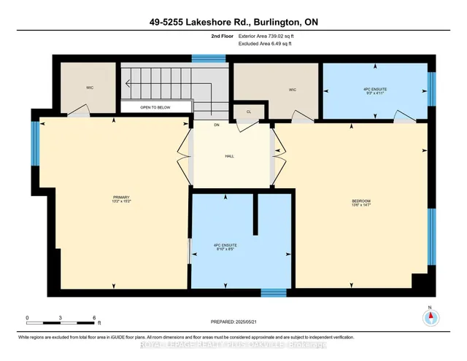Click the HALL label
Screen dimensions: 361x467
click(x=228, y=155)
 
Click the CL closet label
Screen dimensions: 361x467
click(x=248, y=112)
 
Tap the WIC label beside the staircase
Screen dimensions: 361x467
click(x=89, y=88)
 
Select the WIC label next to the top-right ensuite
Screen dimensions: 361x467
click(x=292, y=90)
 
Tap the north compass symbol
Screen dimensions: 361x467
click(x=431, y=318)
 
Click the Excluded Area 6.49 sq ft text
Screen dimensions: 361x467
click(x=264, y=44)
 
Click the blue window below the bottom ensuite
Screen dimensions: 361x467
click(x=273, y=292)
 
